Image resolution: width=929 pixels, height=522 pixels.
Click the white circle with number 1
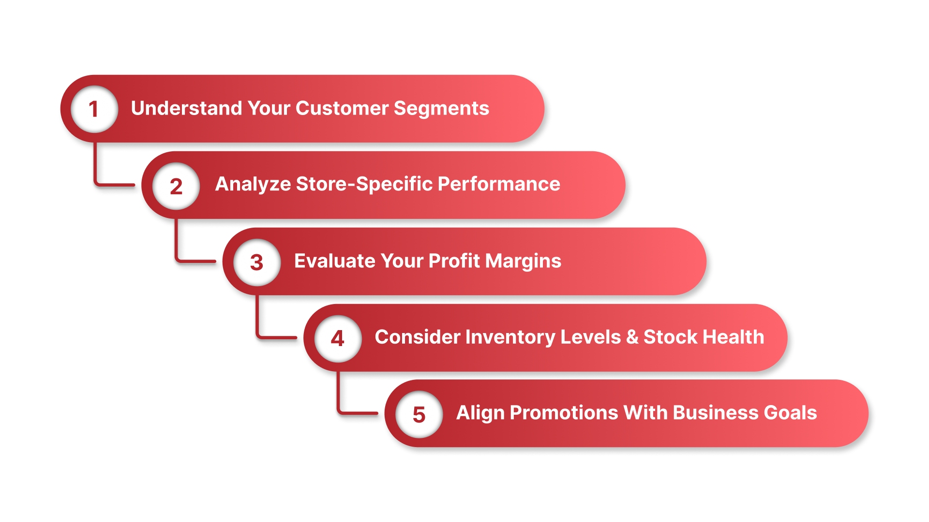pyautogui.click(x=94, y=109)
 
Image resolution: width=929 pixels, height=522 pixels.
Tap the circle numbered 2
pyautogui.click(x=176, y=186)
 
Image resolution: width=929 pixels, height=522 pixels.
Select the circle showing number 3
pyautogui.click(x=257, y=262)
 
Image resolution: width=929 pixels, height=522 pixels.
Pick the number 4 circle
pyautogui.click(x=338, y=338)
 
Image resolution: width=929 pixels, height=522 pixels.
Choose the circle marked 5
pyautogui.click(x=419, y=414)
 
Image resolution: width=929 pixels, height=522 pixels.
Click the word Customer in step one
pyautogui.click(x=342, y=108)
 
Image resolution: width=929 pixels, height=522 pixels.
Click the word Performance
pyautogui.click(x=499, y=184)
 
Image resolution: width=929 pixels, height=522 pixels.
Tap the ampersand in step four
pyautogui.click(x=632, y=337)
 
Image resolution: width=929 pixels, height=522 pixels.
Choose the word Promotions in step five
pyautogui.click(x=564, y=413)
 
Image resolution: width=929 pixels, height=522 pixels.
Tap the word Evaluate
pyautogui.click(x=334, y=261)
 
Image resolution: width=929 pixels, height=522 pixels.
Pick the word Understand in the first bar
pyautogui.click(x=186, y=108)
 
